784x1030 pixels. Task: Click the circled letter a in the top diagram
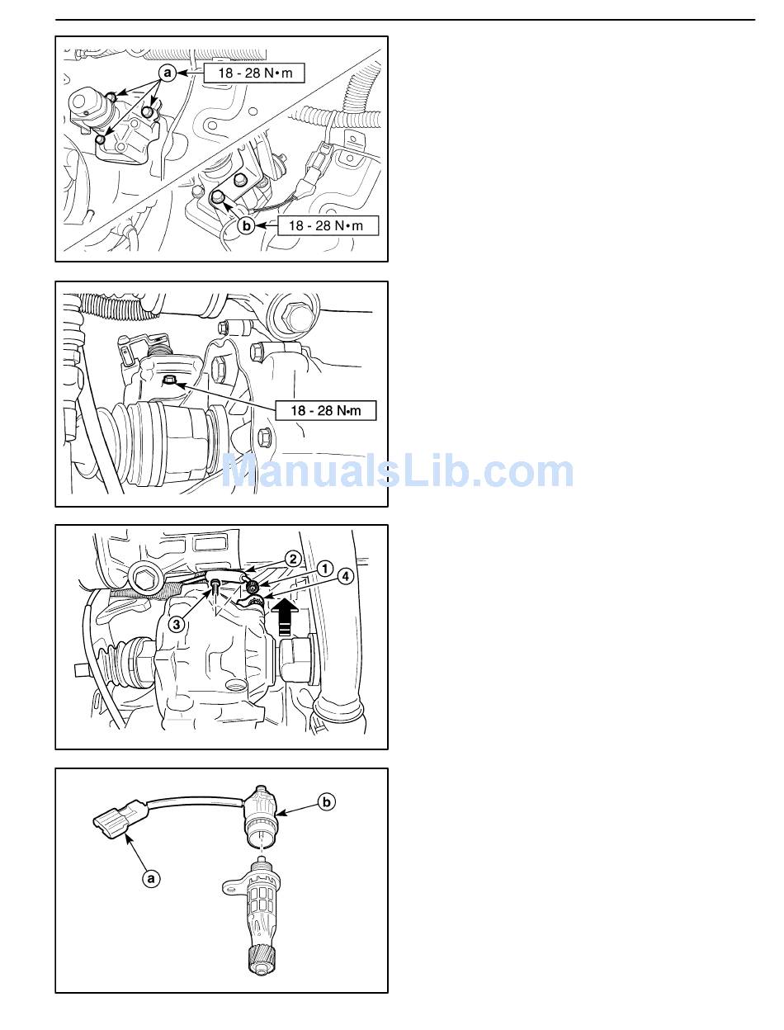(x=168, y=73)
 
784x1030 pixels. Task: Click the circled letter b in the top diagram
(x=246, y=225)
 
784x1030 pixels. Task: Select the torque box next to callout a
(x=254, y=73)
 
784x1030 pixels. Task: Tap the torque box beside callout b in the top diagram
(x=328, y=225)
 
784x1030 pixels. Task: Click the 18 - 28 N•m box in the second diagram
(x=326, y=410)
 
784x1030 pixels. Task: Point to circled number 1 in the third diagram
(x=324, y=569)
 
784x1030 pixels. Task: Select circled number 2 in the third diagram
(x=293, y=559)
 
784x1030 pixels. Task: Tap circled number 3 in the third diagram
(x=177, y=624)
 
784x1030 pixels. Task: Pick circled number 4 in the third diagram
(x=346, y=576)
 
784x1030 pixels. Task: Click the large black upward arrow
(x=285, y=618)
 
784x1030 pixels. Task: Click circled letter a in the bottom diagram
(x=151, y=878)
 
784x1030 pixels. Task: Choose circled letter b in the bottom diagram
(x=327, y=802)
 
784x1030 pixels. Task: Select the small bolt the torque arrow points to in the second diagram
(x=168, y=380)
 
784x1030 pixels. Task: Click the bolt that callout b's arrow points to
(x=217, y=198)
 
